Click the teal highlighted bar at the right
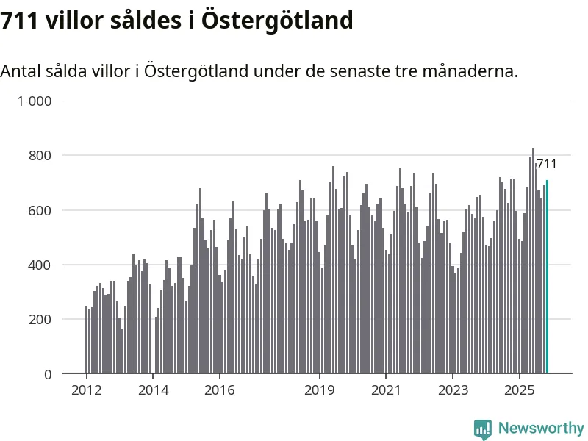click(x=547, y=277)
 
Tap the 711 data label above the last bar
click(x=546, y=164)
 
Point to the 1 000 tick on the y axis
click(x=35, y=101)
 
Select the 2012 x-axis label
click(x=86, y=390)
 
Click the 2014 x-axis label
click(x=153, y=390)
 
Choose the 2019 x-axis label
click(x=319, y=390)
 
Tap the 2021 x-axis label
click(x=386, y=390)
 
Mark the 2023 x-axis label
click(x=453, y=390)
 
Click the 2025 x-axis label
click(x=519, y=390)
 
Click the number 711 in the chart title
click(x=20, y=21)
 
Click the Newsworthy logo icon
click(x=483, y=429)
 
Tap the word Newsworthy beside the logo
click(x=541, y=428)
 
